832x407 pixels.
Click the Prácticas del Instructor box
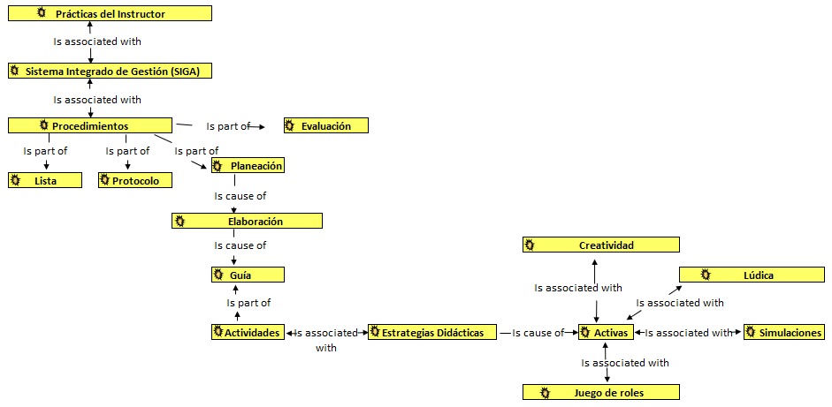(110, 14)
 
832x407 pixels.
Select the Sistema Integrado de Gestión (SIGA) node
(110, 71)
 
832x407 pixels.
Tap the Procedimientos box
(89, 126)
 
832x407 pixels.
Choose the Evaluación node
(325, 126)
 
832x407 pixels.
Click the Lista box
(45, 180)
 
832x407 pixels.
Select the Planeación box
(248, 165)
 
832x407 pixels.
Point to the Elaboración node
(247, 221)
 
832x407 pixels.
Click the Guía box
(248, 275)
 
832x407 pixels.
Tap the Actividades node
(248, 333)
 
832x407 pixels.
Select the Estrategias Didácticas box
(431, 333)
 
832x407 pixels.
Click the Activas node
(605, 333)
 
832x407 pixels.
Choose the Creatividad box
(601, 245)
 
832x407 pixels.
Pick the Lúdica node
(751, 275)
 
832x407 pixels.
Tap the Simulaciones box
(784, 333)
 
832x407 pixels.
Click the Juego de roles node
(601, 392)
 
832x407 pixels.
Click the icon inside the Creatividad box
(530, 245)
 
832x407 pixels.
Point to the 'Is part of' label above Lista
(45, 151)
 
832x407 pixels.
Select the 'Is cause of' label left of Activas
(538, 333)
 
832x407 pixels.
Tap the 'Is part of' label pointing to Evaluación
(228, 126)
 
